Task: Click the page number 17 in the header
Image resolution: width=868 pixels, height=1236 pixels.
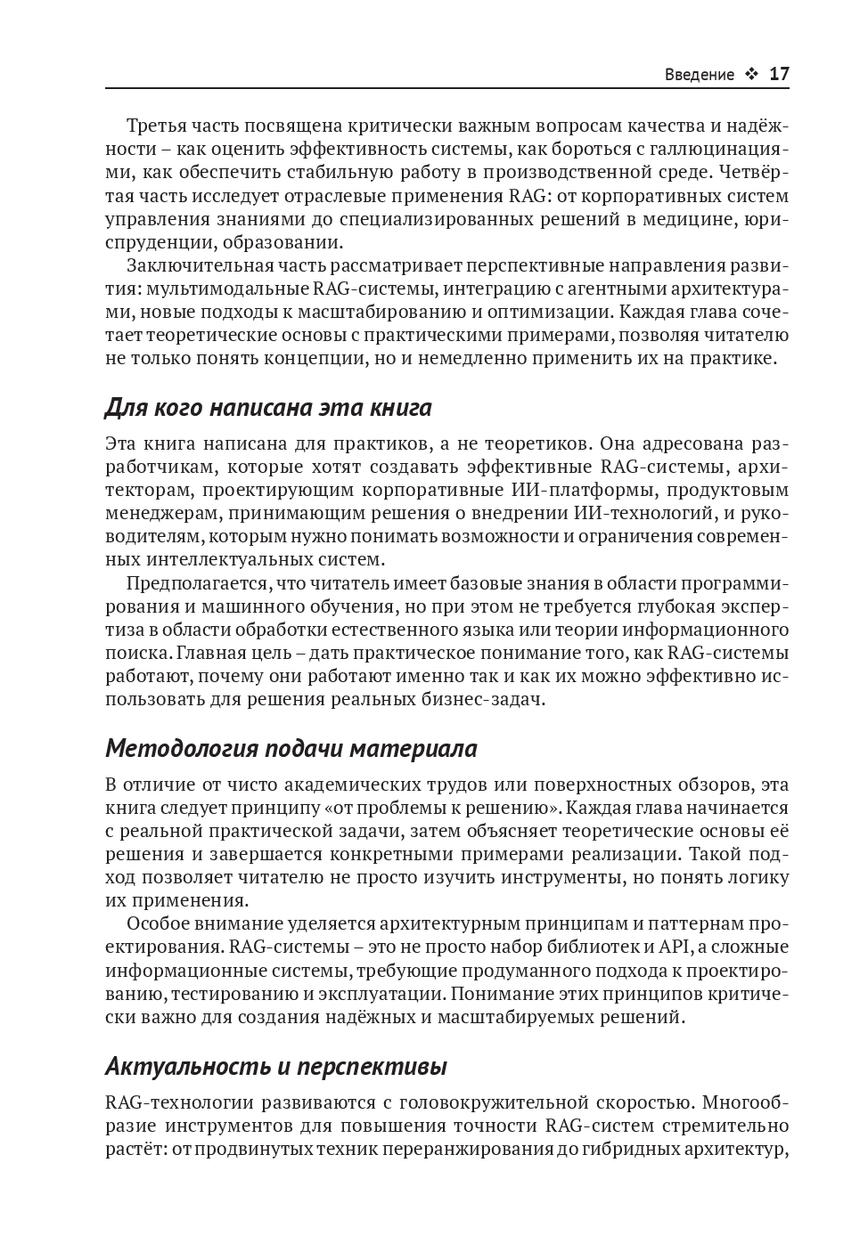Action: click(779, 74)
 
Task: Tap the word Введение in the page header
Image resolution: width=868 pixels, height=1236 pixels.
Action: click(700, 75)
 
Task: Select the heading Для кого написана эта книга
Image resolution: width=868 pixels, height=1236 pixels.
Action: click(268, 407)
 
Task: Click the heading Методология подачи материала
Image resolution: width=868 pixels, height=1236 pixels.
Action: click(291, 748)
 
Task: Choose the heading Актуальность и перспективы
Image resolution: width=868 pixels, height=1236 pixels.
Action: click(276, 1066)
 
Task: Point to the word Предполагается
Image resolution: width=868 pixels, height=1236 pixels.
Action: click(197, 583)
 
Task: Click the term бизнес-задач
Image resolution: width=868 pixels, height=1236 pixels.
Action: click(495, 699)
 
